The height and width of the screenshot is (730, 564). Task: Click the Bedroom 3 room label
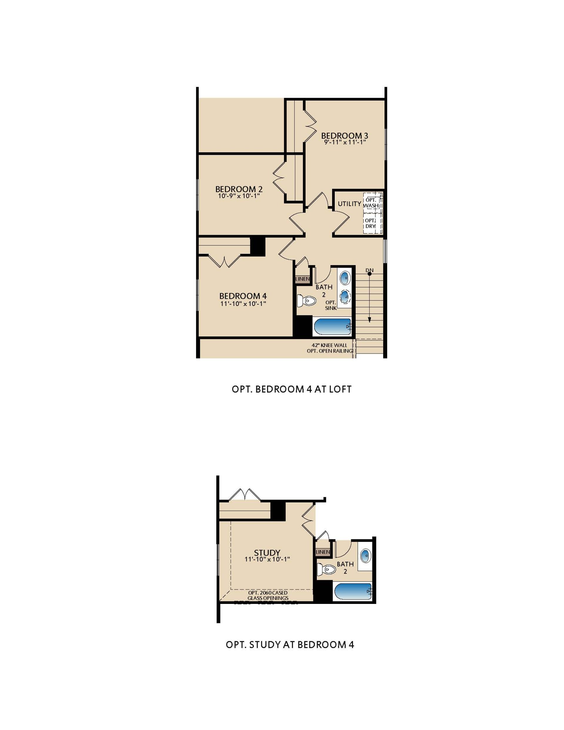(x=344, y=135)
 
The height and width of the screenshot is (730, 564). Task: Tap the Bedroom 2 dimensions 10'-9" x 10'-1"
(x=239, y=196)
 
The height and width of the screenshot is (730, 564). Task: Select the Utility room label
(x=349, y=204)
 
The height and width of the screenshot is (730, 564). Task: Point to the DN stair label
(x=369, y=270)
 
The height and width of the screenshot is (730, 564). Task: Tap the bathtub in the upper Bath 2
(x=333, y=327)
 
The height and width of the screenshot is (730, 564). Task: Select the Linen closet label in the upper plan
(x=302, y=279)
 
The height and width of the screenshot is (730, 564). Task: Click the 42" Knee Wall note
(x=329, y=345)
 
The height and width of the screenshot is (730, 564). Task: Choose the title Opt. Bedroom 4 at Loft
(x=292, y=389)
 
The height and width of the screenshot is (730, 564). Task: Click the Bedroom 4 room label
(x=243, y=296)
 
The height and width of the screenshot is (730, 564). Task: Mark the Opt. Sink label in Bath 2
(x=331, y=305)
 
